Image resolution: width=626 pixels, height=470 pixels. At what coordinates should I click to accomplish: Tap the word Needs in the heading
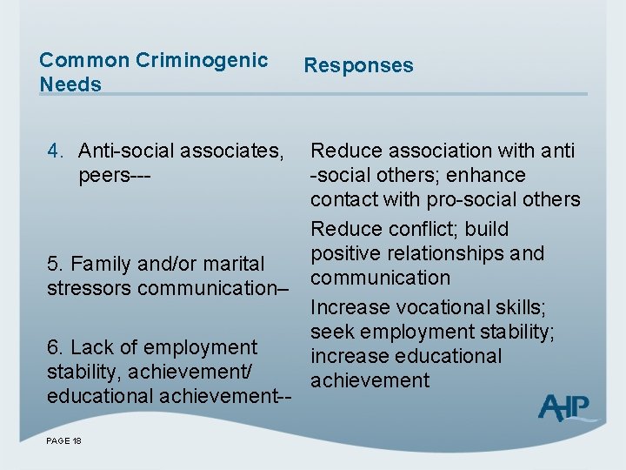pos(70,84)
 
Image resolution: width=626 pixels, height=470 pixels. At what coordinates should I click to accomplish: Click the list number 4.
pos(53,151)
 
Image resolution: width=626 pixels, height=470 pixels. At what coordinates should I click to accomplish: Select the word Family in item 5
pos(97,263)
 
